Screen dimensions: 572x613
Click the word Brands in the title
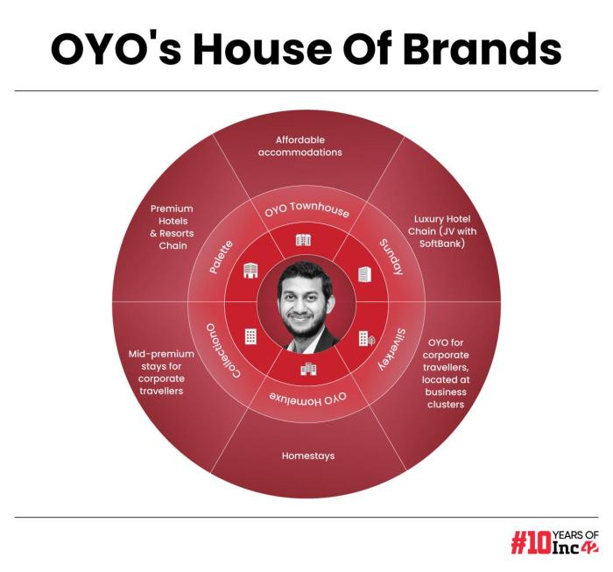[x=486, y=51]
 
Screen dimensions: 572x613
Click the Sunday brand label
[x=391, y=257]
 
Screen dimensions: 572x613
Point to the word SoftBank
[x=438, y=243]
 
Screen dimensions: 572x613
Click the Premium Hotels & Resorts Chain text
[x=172, y=227]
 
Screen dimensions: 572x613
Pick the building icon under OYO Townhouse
[x=304, y=240]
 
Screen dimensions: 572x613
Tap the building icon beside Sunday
[x=363, y=274]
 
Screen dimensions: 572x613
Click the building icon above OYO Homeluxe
[x=307, y=369]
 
